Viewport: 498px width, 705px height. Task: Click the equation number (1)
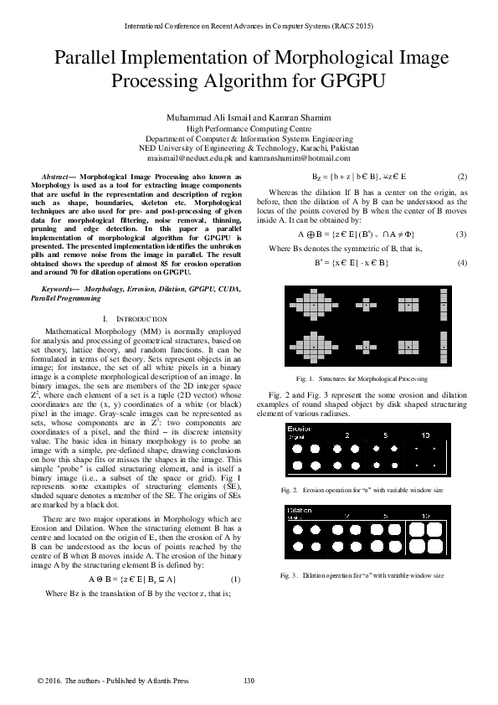[x=235, y=579]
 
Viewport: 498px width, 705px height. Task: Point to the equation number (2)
[x=462, y=177]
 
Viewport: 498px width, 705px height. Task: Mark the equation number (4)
[x=461, y=264]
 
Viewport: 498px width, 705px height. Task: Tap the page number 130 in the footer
[x=248, y=680]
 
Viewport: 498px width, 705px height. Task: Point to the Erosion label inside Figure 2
[x=300, y=429]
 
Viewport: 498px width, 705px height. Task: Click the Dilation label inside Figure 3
[x=300, y=509]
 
